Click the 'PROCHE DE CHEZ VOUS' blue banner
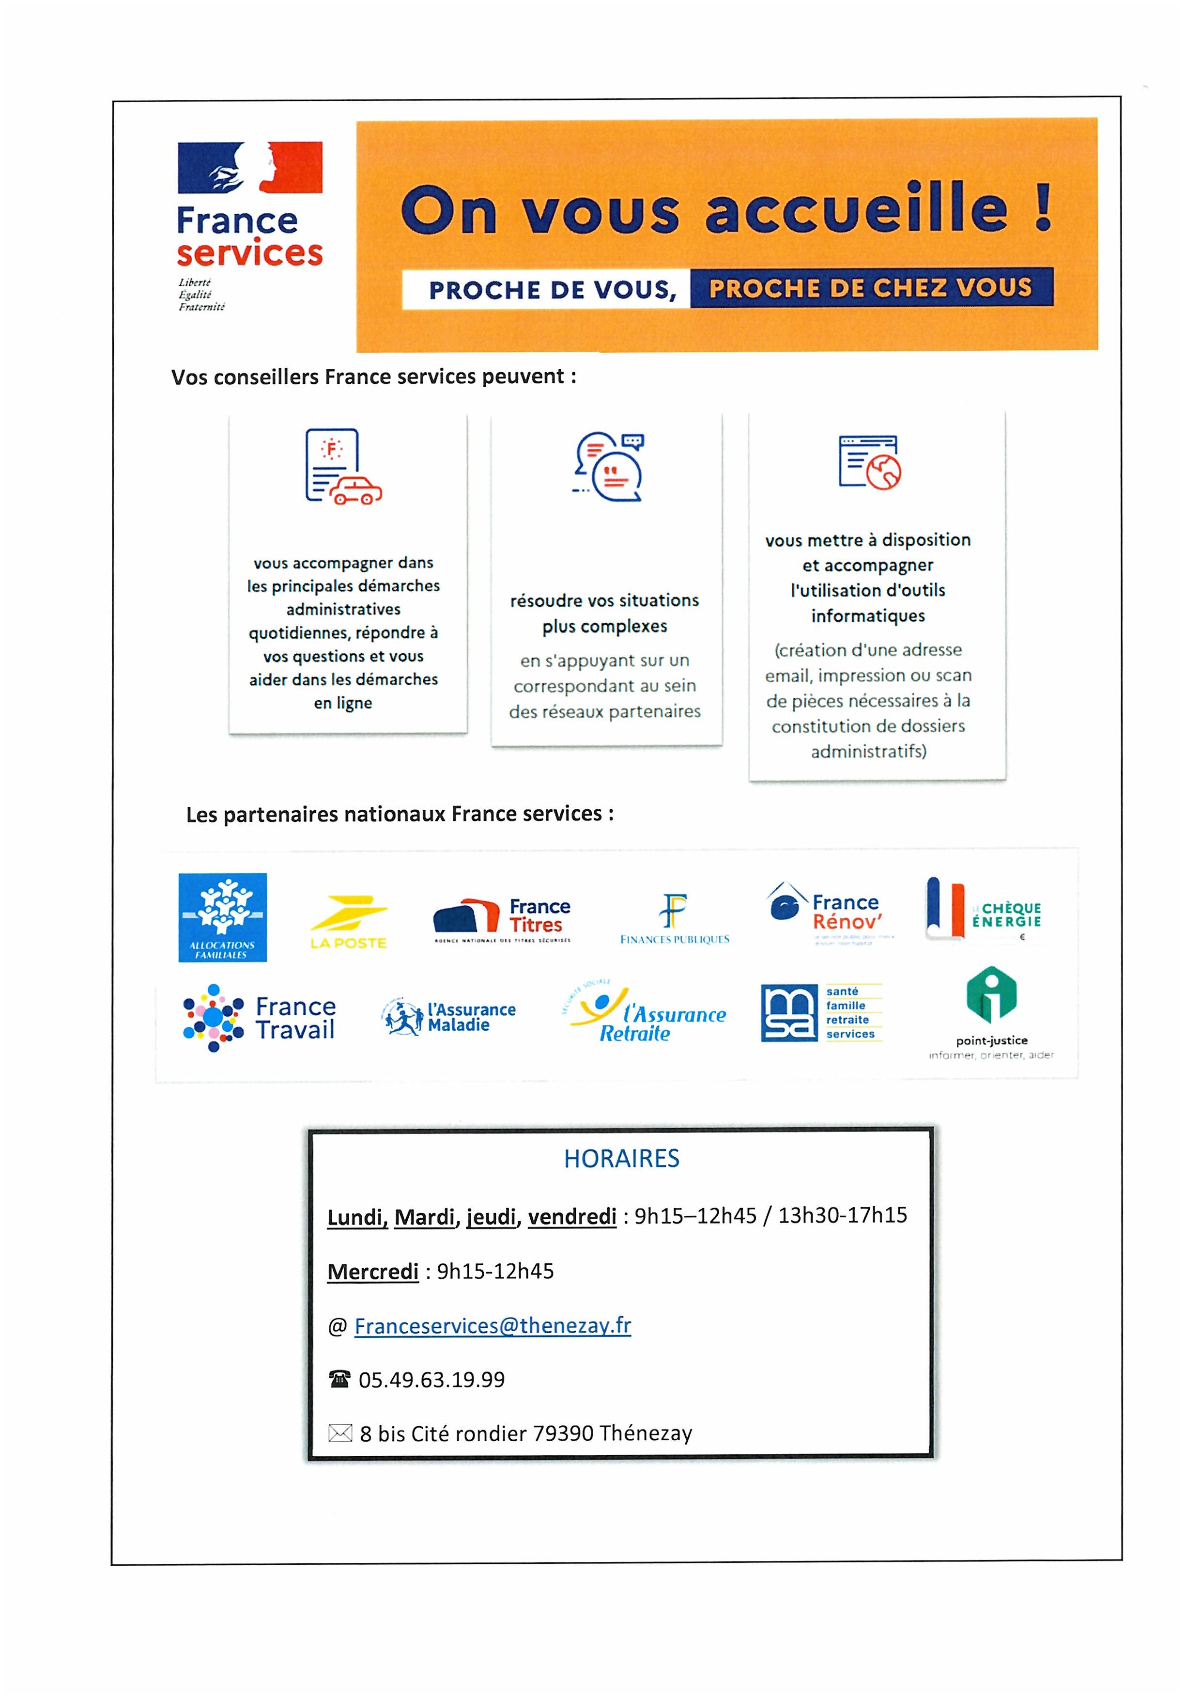pos(870,287)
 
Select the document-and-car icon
pos(343,467)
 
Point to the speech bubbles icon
pos(608,467)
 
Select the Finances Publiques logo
pos(674,919)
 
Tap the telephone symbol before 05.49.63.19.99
pos(339,1379)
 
